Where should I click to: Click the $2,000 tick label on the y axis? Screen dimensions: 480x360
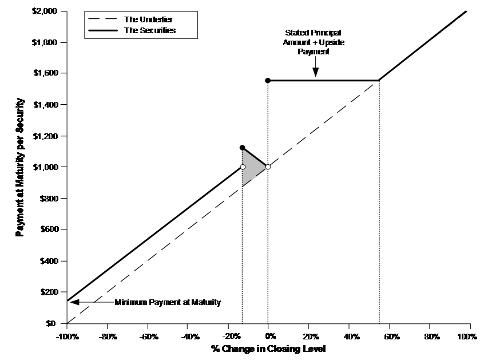coord(45,11)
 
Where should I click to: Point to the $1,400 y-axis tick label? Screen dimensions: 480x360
coord(46,105)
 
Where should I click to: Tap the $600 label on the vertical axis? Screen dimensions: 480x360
coord(49,230)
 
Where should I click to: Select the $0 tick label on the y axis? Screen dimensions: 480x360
coord(51,323)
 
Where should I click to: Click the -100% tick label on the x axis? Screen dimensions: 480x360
coord(68,337)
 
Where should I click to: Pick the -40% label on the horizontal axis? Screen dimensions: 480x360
coord(190,337)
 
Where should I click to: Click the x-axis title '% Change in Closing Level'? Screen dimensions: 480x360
coord(268,349)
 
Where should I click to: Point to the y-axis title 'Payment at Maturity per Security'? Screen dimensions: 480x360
coord(19,167)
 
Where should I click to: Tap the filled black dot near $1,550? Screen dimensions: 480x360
coord(268,81)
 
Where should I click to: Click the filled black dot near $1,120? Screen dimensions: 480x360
coord(242,148)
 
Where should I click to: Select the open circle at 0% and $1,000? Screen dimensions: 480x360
coord(268,167)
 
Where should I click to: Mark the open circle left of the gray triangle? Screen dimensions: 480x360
coord(243,167)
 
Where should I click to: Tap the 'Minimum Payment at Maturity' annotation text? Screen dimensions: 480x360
coord(168,302)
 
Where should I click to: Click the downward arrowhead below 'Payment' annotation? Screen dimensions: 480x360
coord(315,72)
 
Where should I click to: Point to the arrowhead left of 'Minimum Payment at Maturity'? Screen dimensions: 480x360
coord(75,302)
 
